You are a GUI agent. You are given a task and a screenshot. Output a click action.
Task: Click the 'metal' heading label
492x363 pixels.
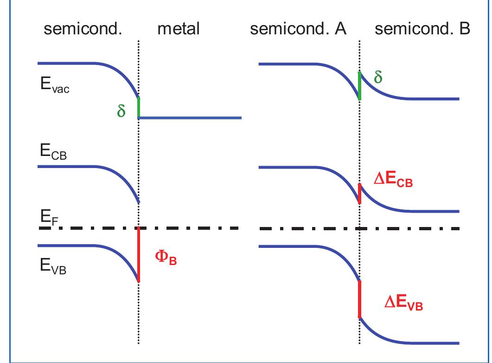pos(178,29)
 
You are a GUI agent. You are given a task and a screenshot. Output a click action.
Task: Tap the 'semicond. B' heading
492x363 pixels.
pos(422,29)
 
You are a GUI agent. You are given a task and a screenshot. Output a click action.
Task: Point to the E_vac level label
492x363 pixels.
pos(54,87)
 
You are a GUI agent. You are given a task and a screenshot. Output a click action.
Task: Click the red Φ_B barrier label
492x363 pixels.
pos(165,259)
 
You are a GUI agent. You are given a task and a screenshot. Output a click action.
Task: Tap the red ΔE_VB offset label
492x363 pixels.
pos(404,304)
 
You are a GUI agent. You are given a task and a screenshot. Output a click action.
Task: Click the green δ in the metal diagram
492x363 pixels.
pos(121,112)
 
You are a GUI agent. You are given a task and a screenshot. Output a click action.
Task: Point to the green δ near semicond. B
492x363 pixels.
pos(378,77)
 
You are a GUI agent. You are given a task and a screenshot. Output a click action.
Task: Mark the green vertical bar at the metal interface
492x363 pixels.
pos(139,108)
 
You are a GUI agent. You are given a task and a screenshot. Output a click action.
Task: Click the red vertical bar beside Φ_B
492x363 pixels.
pos(139,254)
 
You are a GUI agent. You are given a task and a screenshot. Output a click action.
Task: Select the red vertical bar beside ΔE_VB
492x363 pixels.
pos(360,299)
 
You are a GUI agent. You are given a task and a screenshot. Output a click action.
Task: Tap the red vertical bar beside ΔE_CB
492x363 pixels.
pos(360,193)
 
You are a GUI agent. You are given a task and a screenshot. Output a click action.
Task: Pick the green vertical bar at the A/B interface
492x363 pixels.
pos(360,85)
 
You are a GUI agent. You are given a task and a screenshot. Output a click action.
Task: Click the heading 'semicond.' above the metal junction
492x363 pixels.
pos(83,29)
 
